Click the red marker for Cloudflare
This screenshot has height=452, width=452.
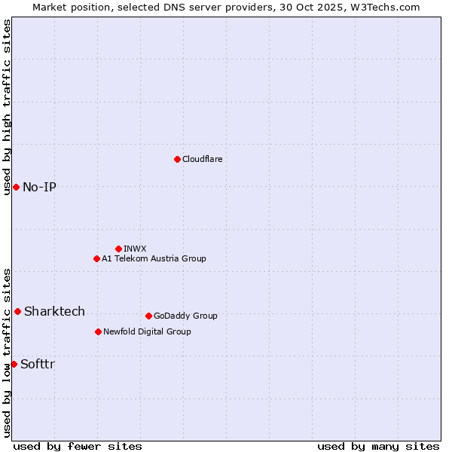pos(177,159)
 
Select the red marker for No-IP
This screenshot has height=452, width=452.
pos(16,187)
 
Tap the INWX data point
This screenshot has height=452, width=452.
pos(118,249)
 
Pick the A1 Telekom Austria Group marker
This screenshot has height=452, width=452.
pos(96,258)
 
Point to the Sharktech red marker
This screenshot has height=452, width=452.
pos(17,311)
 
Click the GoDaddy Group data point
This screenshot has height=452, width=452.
pos(148,316)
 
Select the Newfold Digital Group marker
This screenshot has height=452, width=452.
pos(98,331)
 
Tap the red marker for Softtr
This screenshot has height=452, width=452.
pos(14,364)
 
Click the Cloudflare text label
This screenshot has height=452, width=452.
pos(203,159)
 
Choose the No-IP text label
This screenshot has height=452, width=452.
pos(39,187)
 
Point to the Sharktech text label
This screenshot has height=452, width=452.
pos(54,311)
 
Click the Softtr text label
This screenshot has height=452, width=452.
pos(38,364)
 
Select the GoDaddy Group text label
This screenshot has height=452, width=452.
pos(185,316)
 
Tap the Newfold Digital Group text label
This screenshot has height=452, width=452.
pos(147,331)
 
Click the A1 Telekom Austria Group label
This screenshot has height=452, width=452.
pos(154,258)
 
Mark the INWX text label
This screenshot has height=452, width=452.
pos(135,249)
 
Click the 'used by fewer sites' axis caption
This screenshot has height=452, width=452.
pos(78,446)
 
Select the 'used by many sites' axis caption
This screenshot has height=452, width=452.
pos(378,446)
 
